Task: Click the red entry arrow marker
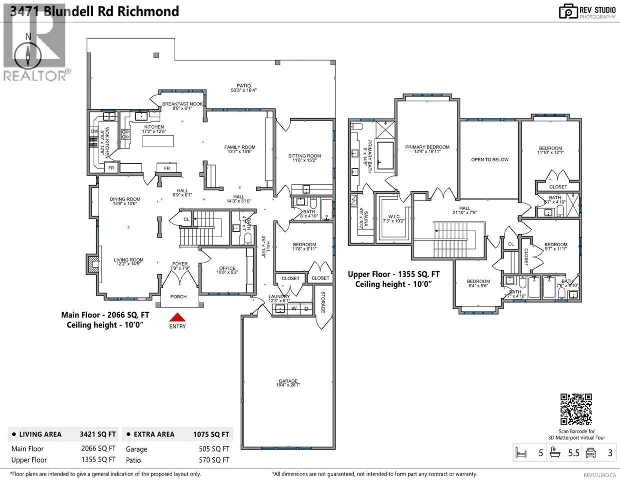(177, 317)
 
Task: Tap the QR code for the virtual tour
(576, 409)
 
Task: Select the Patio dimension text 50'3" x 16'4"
(244, 90)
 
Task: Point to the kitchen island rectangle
(158, 141)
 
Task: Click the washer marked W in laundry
(294, 309)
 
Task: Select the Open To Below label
(490, 160)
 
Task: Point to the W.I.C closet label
(394, 217)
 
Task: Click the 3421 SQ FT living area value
(98, 434)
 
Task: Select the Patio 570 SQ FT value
(214, 460)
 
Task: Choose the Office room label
(227, 268)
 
